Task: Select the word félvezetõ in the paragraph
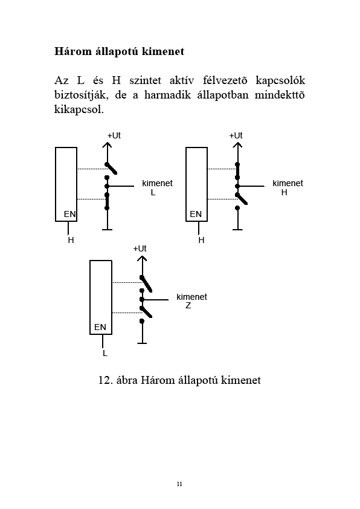pyautogui.click(x=225, y=80)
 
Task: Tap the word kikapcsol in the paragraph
pyautogui.click(x=78, y=109)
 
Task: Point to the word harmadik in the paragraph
pyautogui.click(x=168, y=95)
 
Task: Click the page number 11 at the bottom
pyautogui.click(x=179, y=484)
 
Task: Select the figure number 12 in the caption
pyautogui.click(x=104, y=380)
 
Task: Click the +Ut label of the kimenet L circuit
pyautogui.click(x=114, y=135)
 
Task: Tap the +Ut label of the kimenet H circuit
pyautogui.click(x=236, y=135)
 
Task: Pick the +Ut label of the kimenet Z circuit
pyautogui.click(x=140, y=248)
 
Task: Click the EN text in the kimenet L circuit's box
pyautogui.click(x=69, y=214)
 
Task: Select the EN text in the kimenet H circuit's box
pyautogui.click(x=196, y=214)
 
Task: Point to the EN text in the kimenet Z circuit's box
pyautogui.click(x=100, y=327)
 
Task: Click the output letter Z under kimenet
pyautogui.click(x=188, y=305)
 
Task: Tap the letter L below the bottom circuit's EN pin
pyautogui.click(x=104, y=353)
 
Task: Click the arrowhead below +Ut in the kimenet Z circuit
pyautogui.click(x=142, y=259)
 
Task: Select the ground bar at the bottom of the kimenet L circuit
pyautogui.click(x=107, y=230)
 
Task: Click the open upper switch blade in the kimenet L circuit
pyautogui.click(x=111, y=169)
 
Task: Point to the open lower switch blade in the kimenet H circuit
pyautogui.click(x=242, y=199)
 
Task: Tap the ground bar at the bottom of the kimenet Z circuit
pyautogui.click(x=142, y=343)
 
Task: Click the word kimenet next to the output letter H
pyautogui.click(x=288, y=183)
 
